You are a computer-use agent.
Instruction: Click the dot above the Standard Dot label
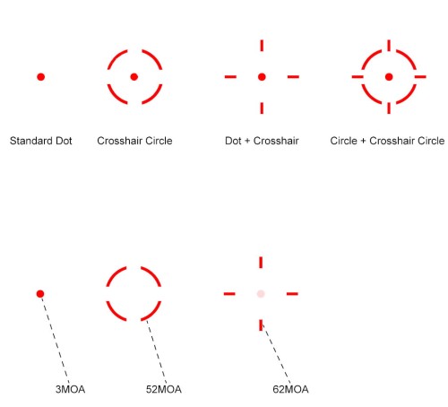tap(41, 77)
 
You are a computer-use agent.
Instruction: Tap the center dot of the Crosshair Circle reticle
tap(134, 77)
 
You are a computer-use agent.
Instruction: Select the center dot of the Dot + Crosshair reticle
tap(262, 77)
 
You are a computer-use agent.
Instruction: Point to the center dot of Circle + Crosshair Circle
tap(389, 77)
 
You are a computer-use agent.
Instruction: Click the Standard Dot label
tap(41, 141)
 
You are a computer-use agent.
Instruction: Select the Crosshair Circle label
tap(134, 141)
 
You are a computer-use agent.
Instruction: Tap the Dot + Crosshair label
tap(262, 141)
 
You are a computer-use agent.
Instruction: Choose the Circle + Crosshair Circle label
tap(387, 141)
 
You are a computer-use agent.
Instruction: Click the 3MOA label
tap(71, 389)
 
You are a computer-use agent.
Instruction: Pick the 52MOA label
tap(164, 389)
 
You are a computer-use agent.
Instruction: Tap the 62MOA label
tap(290, 389)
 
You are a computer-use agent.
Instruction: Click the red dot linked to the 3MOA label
tap(40, 294)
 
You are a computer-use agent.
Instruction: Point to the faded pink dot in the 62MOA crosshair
tap(261, 294)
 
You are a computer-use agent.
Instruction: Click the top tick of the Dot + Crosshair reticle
tap(262, 46)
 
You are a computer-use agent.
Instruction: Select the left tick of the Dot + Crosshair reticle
tap(230, 77)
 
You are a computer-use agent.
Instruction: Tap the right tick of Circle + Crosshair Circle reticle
tap(420, 77)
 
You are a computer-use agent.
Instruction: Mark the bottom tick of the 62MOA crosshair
tap(261, 325)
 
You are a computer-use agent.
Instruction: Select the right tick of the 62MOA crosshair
tap(292, 294)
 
